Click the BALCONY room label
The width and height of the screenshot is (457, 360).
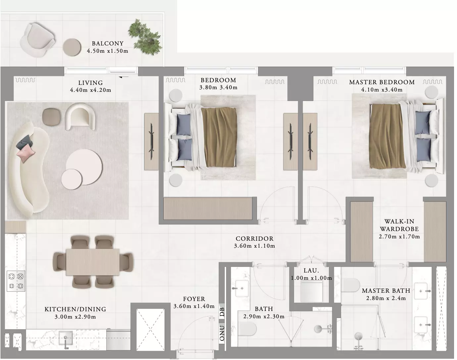tap(107, 43)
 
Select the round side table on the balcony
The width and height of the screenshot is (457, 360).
tap(72, 47)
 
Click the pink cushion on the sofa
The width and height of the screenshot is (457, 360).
tap(26, 153)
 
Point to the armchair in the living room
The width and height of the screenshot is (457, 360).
tap(80, 116)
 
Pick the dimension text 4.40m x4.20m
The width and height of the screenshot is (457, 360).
tap(90, 90)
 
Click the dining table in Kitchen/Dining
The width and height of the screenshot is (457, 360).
tap(93, 262)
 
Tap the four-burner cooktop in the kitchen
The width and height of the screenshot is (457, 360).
tap(16, 281)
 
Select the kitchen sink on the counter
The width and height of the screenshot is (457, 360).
tap(66, 338)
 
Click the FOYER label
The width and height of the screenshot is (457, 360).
tap(194, 299)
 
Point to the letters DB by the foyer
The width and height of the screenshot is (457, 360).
tap(222, 312)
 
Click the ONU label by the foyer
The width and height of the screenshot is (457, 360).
tap(222, 333)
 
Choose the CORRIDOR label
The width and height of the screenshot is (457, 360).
tap(254, 239)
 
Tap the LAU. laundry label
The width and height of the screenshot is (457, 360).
tap(311, 270)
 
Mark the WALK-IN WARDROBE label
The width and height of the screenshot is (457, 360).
tap(399, 225)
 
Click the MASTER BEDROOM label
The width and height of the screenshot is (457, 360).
tap(382, 82)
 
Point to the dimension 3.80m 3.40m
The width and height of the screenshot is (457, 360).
tap(218, 88)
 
